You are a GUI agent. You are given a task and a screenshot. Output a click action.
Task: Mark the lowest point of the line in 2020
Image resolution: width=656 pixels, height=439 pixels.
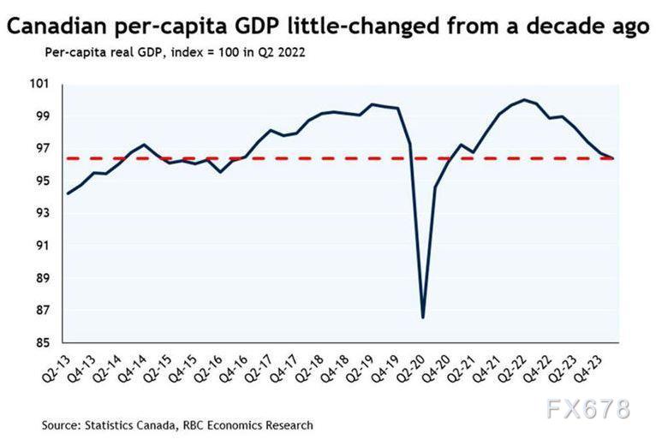click(x=423, y=317)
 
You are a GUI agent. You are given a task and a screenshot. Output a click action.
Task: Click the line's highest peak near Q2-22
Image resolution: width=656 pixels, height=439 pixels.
click(x=524, y=100)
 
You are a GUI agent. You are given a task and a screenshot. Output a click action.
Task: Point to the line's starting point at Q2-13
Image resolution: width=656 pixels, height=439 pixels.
click(x=68, y=193)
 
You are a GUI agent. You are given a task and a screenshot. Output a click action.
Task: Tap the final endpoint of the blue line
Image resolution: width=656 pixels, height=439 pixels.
click(x=613, y=158)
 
